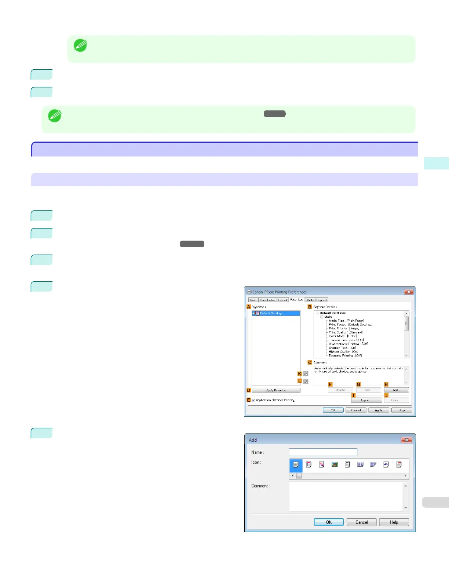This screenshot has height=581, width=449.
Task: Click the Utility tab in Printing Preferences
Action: (310, 300)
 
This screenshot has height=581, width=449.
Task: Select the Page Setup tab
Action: (267, 300)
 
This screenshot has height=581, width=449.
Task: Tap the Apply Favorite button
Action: (276, 390)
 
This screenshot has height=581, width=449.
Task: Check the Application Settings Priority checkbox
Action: (253, 400)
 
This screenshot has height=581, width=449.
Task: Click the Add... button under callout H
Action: (396, 390)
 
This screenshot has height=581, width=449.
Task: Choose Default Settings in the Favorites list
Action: (271, 314)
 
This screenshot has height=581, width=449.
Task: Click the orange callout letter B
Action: (310, 307)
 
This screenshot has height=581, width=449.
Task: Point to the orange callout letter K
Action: (300, 374)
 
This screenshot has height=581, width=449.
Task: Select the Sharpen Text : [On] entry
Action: (342, 348)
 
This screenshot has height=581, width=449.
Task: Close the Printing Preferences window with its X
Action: (409, 292)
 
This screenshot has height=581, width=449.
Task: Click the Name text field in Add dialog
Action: (323, 452)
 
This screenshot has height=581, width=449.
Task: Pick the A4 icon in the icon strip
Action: (386, 464)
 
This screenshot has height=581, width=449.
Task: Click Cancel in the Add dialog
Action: (361, 522)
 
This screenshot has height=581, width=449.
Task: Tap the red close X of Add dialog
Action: (406, 440)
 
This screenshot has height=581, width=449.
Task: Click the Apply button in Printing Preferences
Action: (379, 410)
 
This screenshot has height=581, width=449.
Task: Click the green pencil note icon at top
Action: (80, 45)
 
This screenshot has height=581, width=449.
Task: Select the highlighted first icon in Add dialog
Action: (296, 465)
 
